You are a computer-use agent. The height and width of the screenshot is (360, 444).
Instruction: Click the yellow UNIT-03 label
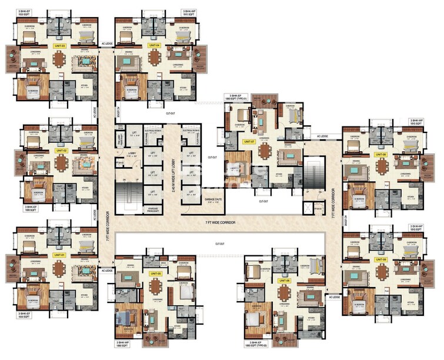59,45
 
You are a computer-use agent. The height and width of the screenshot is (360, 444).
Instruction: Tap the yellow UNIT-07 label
248,142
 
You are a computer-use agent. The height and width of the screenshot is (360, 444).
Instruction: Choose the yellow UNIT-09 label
381,259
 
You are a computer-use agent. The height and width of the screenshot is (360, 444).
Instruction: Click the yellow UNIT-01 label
58,255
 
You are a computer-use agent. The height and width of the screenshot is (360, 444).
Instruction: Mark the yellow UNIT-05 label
155,274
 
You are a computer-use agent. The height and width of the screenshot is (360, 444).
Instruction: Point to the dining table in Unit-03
59,59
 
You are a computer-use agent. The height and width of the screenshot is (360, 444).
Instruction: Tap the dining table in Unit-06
285,294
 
